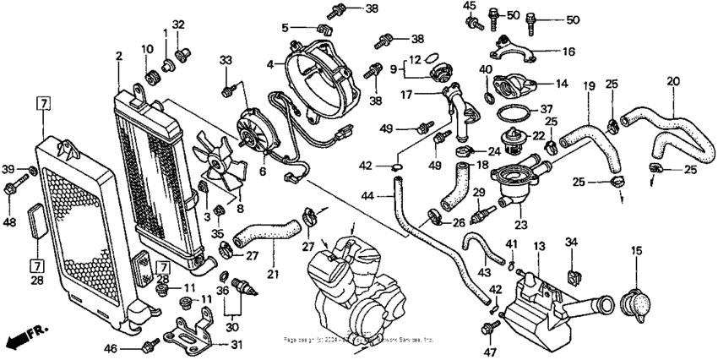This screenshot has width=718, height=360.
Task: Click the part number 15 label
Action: (x=635, y=250)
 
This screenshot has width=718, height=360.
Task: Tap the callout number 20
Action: (x=672, y=82)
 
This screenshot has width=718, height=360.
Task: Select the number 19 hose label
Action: (x=589, y=85)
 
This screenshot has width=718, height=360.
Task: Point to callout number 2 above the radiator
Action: (x=119, y=56)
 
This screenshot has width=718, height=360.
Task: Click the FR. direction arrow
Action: (x=26, y=335)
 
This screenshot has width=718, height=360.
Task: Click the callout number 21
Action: (x=271, y=274)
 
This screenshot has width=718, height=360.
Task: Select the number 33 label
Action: (x=226, y=60)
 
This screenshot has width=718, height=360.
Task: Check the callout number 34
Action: (x=571, y=243)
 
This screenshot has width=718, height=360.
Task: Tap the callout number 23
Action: (x=518, y=225)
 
